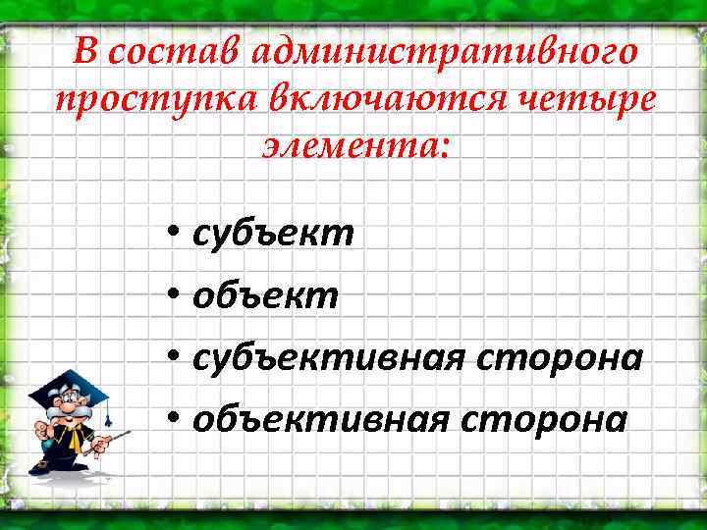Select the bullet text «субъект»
[x=274, y=234]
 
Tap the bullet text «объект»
[x=266, y=295]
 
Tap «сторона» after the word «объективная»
[x=562, y=419]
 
